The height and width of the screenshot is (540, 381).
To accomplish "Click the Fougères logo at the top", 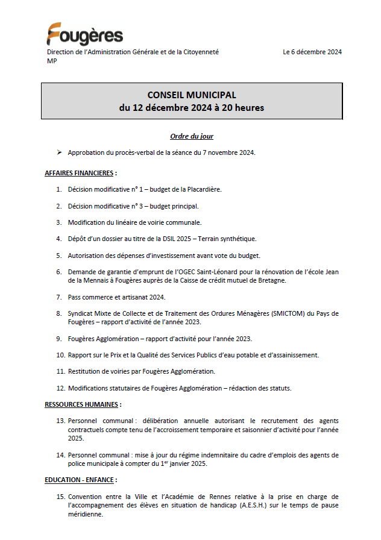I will [84, 34].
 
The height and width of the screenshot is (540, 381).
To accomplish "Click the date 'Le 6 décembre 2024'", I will [312, 52].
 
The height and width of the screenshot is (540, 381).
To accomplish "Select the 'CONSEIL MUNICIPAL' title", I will [192, 95].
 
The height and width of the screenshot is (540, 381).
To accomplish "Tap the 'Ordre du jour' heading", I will [192, 136].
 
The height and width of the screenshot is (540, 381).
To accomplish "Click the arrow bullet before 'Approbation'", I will [59, 152].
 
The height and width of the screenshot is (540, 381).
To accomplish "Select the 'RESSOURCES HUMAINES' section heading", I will [83, 404].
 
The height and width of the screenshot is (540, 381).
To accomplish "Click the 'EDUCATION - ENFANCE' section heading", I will [80, 480].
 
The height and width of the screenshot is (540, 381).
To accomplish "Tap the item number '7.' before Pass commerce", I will [60, 297].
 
